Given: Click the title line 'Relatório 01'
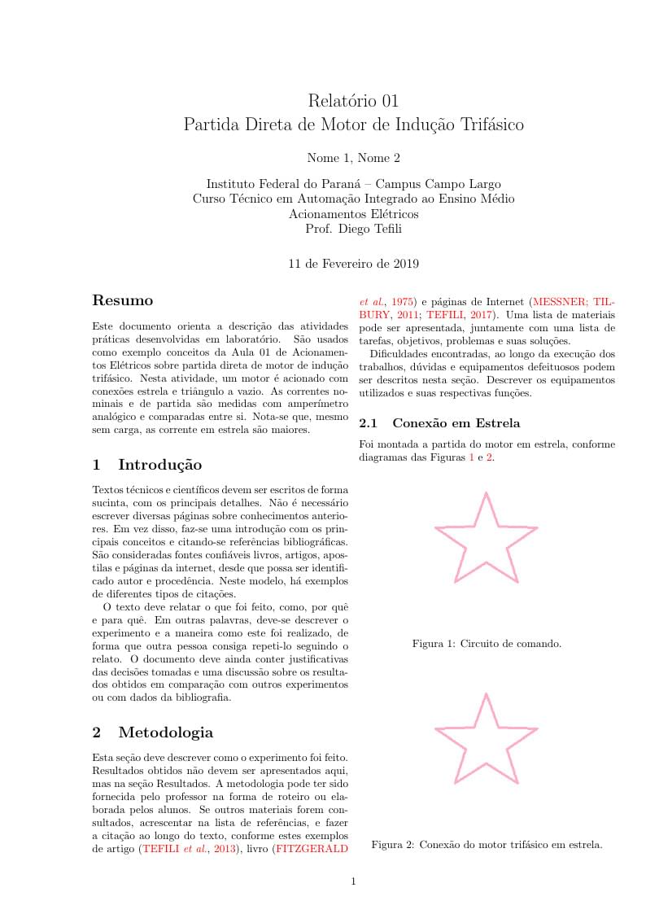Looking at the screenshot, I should click(x=353, y=101).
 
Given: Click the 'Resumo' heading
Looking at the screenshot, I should click(x=123, y=301).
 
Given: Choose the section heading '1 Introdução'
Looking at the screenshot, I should click(x=147, y=465).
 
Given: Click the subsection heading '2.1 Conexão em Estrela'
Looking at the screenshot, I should click(x=439, y=423).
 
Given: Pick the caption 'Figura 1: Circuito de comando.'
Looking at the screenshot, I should click(x=487, y=644).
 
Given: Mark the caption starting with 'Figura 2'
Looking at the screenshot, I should click(x=487, y=845).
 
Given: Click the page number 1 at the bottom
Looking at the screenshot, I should click(x=353, y=881).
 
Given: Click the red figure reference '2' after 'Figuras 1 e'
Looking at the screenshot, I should click(x=490, y=457).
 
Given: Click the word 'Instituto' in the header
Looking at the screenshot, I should click(x=230, y=184).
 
